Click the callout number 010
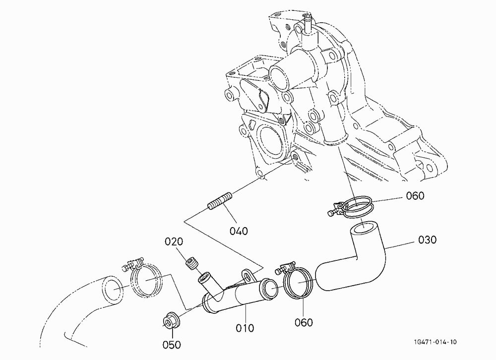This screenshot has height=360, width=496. pos(245,328)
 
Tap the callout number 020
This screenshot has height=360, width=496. pos(174,241)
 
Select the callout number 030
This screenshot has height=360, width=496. pos(427,240)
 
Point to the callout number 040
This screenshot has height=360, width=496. pos(239,231)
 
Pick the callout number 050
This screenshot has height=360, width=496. pos(172,345)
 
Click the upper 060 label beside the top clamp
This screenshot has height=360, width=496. pos(415,196)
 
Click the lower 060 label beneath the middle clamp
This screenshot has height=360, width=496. pos(304,323)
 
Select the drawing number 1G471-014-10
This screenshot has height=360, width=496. pos(435,342)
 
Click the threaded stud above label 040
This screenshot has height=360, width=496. pos(220,200)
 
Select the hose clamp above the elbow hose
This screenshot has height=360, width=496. pos(351,207)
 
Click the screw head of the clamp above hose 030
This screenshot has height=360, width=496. pos(331,214)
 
